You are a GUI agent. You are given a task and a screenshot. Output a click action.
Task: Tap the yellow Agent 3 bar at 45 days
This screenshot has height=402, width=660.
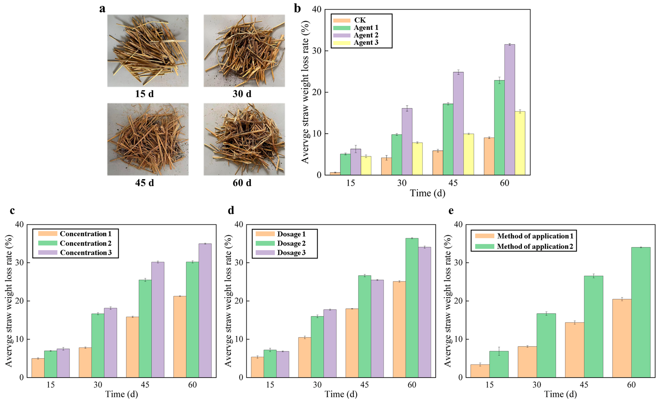pyautogui.click(x=468, y=154)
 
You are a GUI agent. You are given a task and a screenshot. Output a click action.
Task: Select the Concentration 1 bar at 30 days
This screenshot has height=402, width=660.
pyautogui.click(x=85, y=363)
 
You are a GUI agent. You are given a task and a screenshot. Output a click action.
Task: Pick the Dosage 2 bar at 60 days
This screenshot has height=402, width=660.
pyautogui.click(x=412, y=308)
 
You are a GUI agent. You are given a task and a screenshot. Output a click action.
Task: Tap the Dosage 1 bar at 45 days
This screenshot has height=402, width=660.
pyautogui.click(x=352, y=343)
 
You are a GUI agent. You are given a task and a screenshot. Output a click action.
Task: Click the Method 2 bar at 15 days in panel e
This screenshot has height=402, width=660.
pyautogui.click(x=499, y=364)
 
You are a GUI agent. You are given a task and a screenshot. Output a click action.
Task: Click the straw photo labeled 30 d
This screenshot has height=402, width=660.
pyautogui.click(x=244, y=51)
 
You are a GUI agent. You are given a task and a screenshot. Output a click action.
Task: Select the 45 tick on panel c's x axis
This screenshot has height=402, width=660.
pyautogui.click(x=145, y=385)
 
